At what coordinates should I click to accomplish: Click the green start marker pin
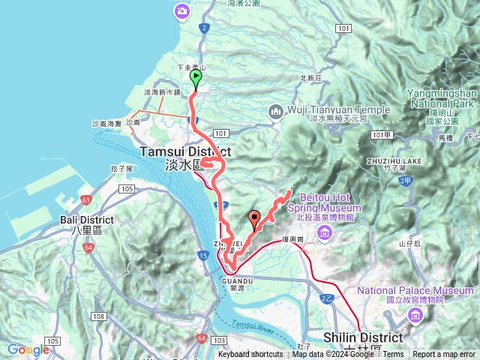[196, 78]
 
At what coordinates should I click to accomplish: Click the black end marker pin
[254, 219]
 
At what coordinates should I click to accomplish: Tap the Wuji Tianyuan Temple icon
[274, 112]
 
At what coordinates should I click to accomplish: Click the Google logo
[28, 349]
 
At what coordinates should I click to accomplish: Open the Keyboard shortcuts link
[250, 355]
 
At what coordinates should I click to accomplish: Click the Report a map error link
[444, 355]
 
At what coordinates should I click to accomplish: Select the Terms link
[394, 355]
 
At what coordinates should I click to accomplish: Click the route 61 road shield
[86, 199]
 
